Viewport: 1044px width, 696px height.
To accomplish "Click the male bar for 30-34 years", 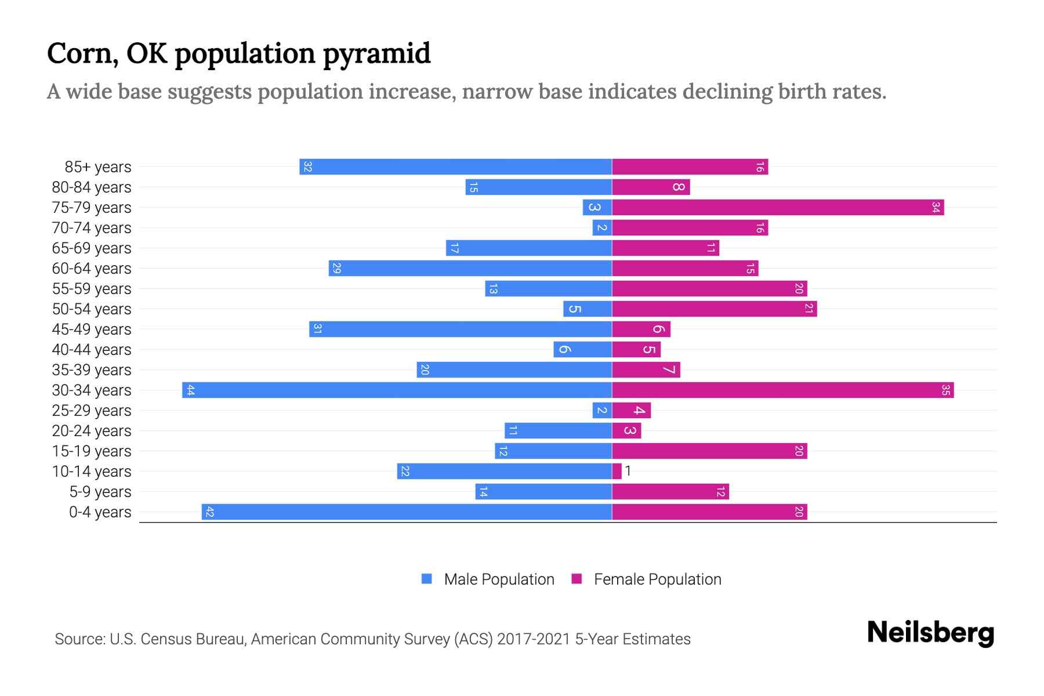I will pos(397,390).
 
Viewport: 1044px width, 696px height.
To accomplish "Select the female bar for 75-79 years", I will pos(777,207).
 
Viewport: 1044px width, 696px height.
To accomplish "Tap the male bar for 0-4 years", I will pos(406,512).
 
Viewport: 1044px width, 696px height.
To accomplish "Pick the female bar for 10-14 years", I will pos(617,471).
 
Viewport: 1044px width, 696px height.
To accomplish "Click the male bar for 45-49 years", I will pos(461,329).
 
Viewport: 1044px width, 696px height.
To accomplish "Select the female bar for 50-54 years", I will pos(714,309).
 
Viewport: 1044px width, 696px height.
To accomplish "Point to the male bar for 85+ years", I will pos(455,166).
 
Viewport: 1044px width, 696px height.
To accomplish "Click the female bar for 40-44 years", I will pos(636,349).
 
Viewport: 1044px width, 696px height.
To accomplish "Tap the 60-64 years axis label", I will pos(92,269).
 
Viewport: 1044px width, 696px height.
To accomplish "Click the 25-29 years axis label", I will pos(92,411).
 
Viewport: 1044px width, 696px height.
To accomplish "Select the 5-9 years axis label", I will pos(100,492).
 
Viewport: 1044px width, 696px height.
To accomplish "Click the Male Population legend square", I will pos(427,579).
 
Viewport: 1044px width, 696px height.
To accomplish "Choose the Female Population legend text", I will pos(657,579).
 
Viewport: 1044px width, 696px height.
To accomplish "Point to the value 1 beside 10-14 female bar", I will pos(628,471).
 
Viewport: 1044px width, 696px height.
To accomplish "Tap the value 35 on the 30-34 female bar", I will pos(945,390).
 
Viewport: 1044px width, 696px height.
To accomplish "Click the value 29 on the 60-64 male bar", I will pos(336,268).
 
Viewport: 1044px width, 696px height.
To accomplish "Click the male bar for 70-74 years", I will pos(602,227).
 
